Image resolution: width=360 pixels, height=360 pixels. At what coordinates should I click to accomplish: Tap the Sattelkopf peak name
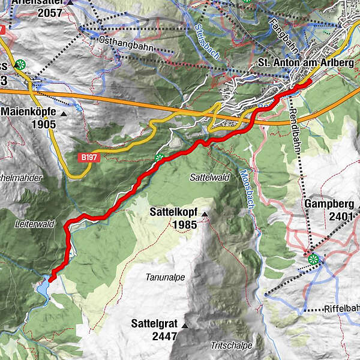click(x=175, y=212)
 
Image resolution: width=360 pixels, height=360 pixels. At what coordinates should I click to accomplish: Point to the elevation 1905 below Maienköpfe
click(x=45, y=124)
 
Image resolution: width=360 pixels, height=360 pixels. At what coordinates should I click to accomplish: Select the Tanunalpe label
click(x=164, y=277)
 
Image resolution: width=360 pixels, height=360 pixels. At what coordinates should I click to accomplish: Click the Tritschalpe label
click(x=231, y=346)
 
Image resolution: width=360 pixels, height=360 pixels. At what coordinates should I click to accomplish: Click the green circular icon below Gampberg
click(x=314, y=259)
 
